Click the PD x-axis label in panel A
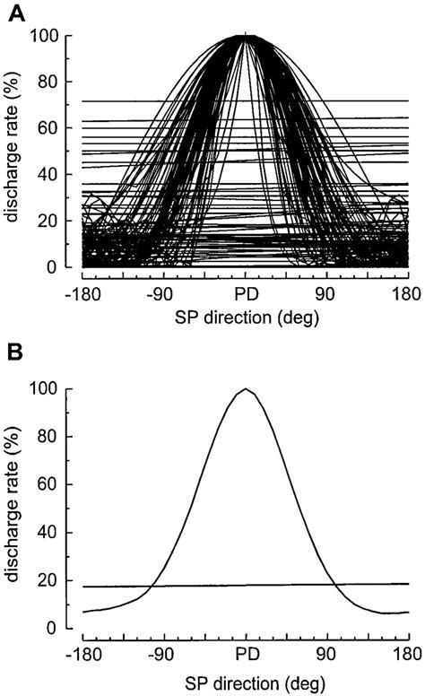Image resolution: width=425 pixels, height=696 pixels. [x=245, y=294]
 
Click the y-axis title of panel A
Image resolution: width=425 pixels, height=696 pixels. [x=16, y=152]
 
